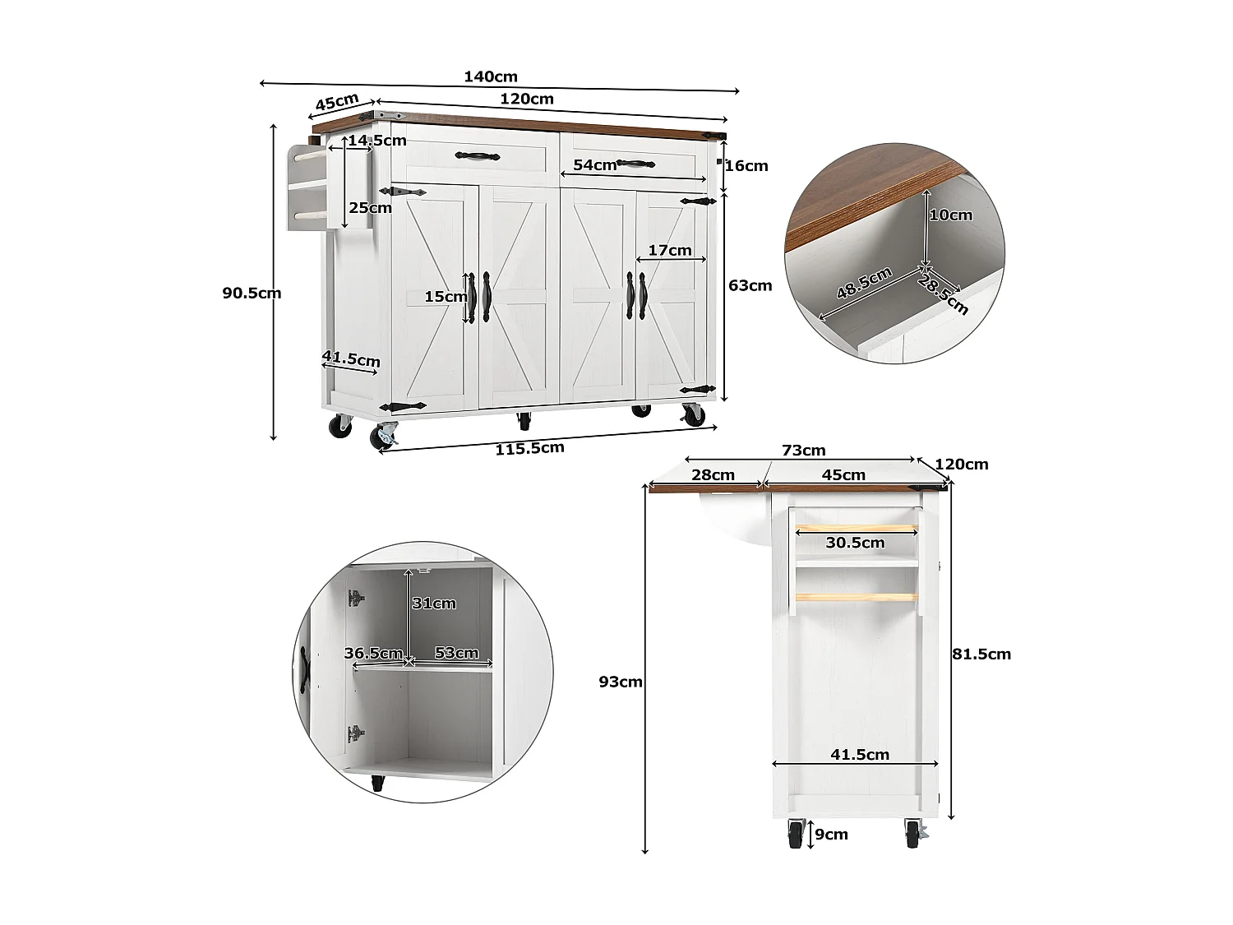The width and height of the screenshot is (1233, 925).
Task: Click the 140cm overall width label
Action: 491,77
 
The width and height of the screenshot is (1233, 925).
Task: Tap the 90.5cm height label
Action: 252,294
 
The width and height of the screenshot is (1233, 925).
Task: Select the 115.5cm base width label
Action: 529,449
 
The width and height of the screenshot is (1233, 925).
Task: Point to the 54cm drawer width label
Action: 594,165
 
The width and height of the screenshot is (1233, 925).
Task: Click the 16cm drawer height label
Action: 746,166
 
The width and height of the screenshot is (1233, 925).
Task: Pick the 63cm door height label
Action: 750,286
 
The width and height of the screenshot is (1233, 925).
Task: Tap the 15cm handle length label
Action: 446,297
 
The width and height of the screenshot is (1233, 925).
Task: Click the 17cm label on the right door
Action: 670,251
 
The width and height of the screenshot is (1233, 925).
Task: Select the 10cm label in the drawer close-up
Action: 950,215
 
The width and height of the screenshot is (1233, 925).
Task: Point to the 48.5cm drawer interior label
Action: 864,284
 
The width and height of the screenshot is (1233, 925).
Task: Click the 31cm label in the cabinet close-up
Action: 434,604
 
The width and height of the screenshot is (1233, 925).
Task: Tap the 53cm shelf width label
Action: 456,653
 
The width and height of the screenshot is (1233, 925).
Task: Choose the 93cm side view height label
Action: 621,682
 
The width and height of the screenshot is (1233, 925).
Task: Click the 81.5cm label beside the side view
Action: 981,654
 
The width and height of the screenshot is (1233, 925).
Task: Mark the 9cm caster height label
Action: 831,835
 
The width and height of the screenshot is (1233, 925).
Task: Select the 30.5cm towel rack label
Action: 855,543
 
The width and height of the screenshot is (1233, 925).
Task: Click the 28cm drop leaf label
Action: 713,475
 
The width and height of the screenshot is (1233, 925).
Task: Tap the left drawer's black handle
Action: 478,155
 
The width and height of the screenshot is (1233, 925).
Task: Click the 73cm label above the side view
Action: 803,451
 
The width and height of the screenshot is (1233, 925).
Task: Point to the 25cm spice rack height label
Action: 370,208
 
